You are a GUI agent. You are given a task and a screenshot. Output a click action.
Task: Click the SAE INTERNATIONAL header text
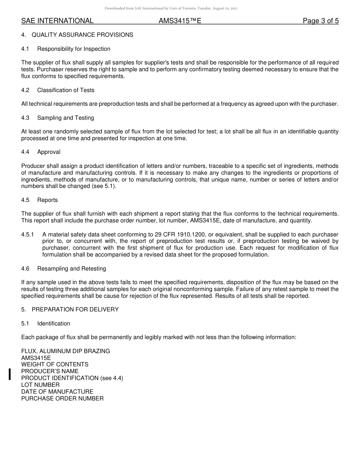coord(57,21)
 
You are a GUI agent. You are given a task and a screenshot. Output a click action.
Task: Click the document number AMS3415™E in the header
coord(180,21)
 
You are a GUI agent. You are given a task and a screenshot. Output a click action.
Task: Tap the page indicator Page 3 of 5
coord(321,21)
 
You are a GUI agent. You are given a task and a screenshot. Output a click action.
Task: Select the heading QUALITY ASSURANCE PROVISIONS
coord(82,35)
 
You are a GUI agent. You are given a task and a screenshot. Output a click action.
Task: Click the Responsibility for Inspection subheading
coord(74,49)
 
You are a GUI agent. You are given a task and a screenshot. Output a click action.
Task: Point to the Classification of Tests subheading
coord(66,90)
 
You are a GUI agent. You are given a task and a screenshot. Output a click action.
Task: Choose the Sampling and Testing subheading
coord(65,118)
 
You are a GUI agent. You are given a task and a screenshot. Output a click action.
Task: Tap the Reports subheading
coord(47,200)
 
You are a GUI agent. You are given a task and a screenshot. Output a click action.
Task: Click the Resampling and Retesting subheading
coord(71,269)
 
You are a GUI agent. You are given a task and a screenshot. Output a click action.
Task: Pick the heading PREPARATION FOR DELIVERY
coord(75,310)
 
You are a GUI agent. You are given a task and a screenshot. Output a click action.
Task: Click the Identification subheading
coord(53,324)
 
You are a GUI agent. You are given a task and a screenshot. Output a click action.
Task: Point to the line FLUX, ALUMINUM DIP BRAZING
coord(66,351)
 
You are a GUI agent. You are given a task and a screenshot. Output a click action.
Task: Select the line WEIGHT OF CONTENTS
coord(55,364)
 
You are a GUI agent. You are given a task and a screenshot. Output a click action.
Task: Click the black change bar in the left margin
coord(9,374)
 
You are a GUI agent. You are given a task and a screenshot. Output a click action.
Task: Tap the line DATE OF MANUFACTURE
coord(57,392)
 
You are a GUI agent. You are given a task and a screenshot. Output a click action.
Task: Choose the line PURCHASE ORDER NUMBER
coord(62,399)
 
